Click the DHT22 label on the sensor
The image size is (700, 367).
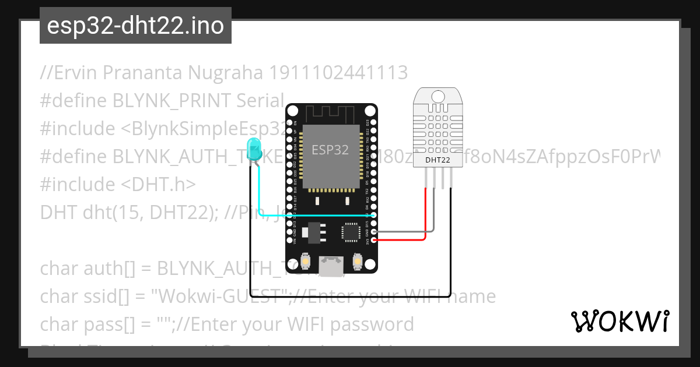point(437,160)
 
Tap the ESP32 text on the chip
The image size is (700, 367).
point(330,150)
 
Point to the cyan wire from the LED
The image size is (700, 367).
point(315,216)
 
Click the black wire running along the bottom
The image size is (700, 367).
point(350,296)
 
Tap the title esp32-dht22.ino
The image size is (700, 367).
point(135,26)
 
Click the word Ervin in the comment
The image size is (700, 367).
point(69,73)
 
